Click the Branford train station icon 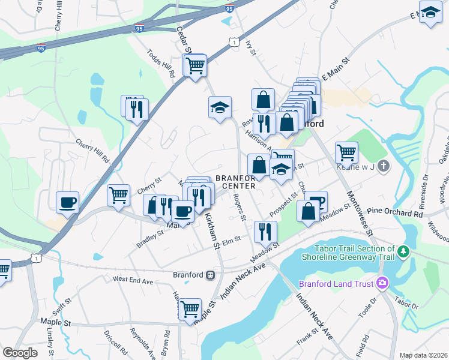pos(211,275)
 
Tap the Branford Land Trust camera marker pos(382,283)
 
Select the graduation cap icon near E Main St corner pos(430,12)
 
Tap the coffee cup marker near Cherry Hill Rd pos(67,202)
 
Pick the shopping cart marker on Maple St pos(190,310)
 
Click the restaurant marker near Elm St pos(265,231)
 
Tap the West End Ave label pos(133,280)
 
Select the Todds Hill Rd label pos(160,62)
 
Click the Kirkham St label pos(211,229)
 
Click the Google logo pos(20,353)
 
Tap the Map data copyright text pos(423,355)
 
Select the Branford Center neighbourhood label pos(235,182)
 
